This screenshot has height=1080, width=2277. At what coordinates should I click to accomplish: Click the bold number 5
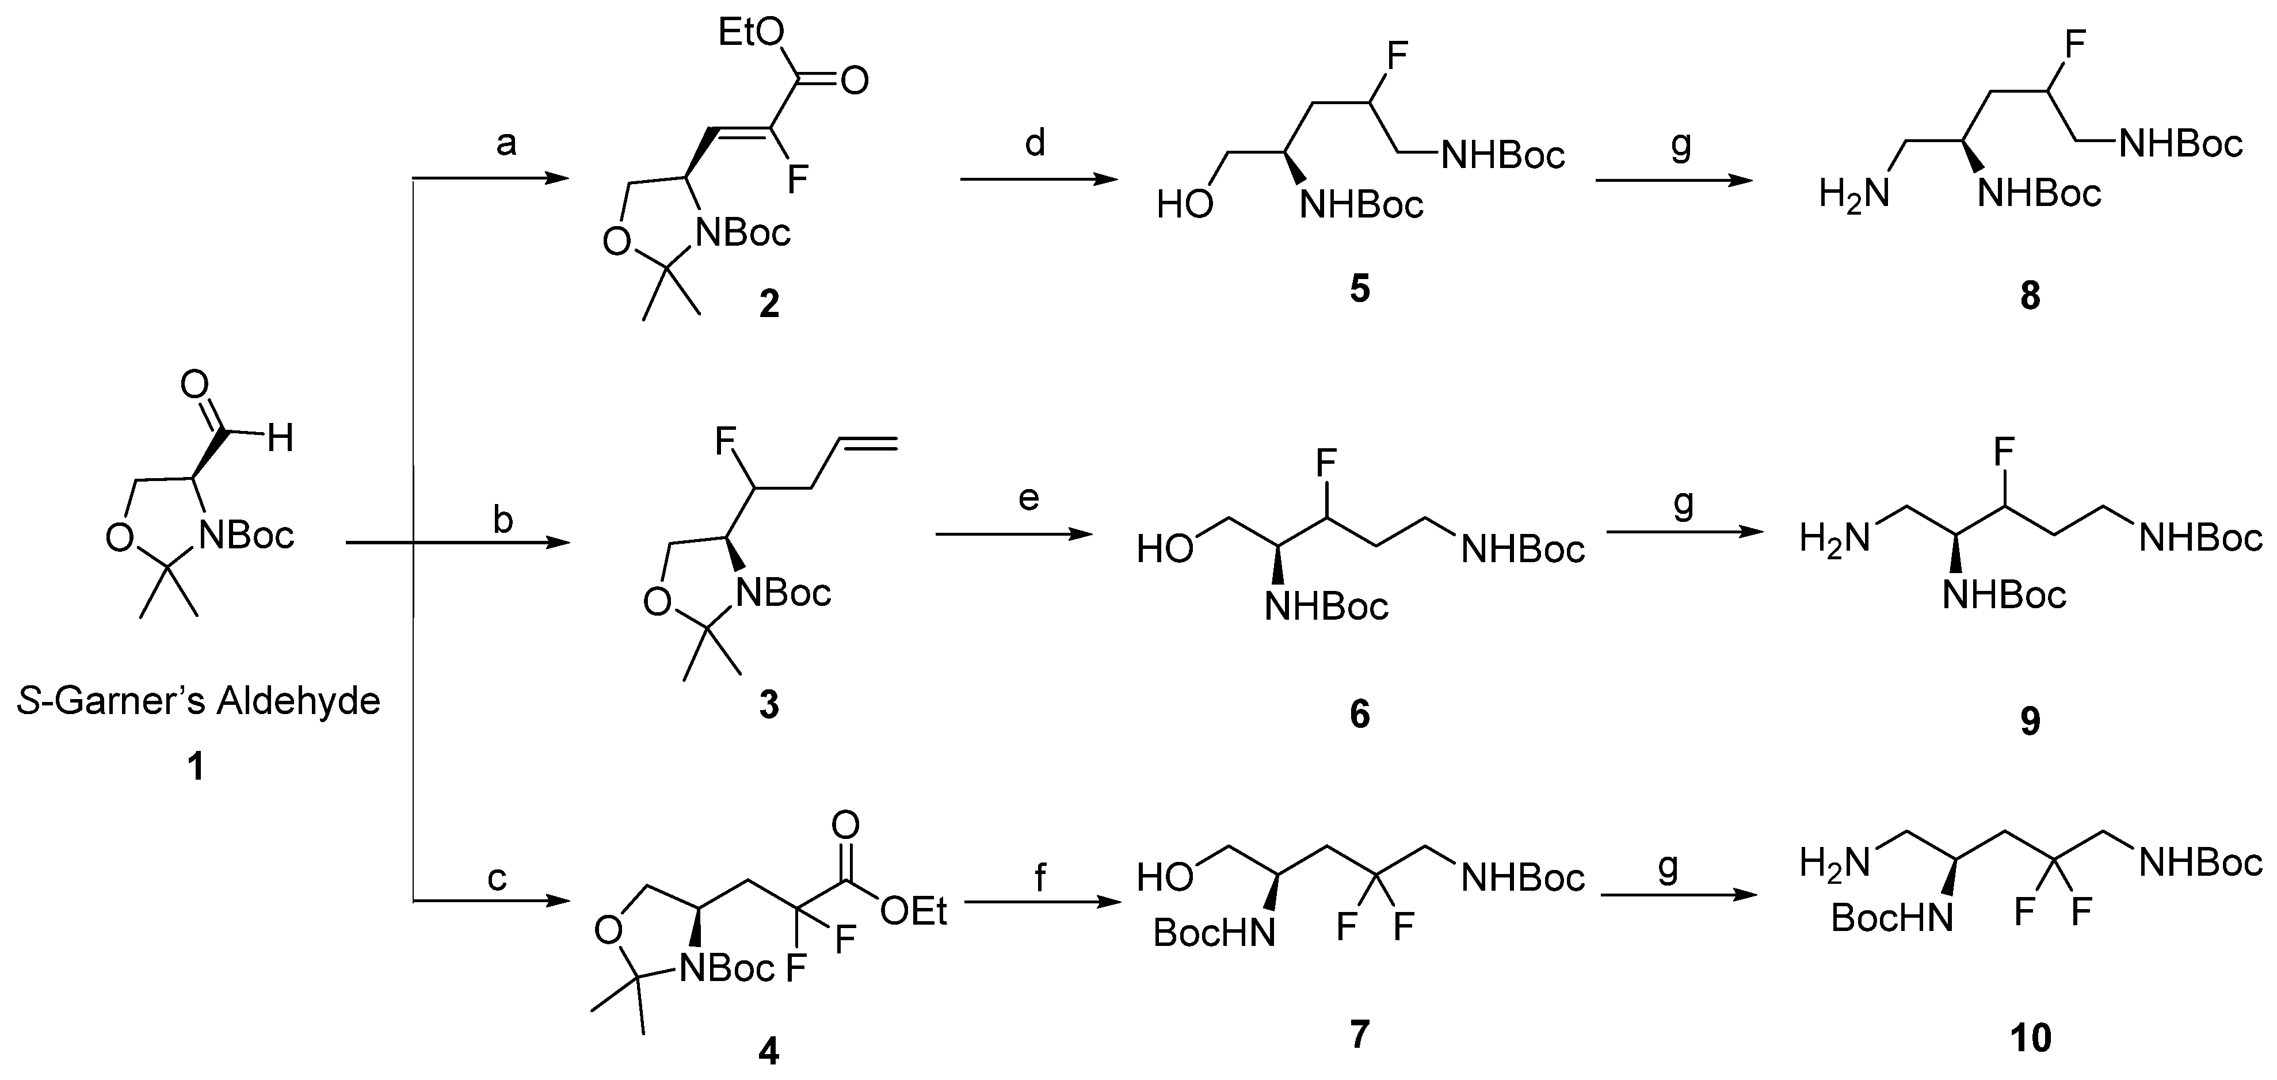pos(1360,289)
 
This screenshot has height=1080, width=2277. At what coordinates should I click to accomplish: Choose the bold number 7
pos(1360,1033)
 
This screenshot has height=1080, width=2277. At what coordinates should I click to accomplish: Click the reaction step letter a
pos(506,142)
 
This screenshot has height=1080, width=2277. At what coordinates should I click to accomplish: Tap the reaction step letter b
pos(502,520)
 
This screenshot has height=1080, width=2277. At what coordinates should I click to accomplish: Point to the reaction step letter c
pos(498,877)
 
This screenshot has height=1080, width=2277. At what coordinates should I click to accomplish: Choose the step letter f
pos(1039,877)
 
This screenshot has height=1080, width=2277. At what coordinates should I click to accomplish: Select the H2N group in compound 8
pos(1855,193)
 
